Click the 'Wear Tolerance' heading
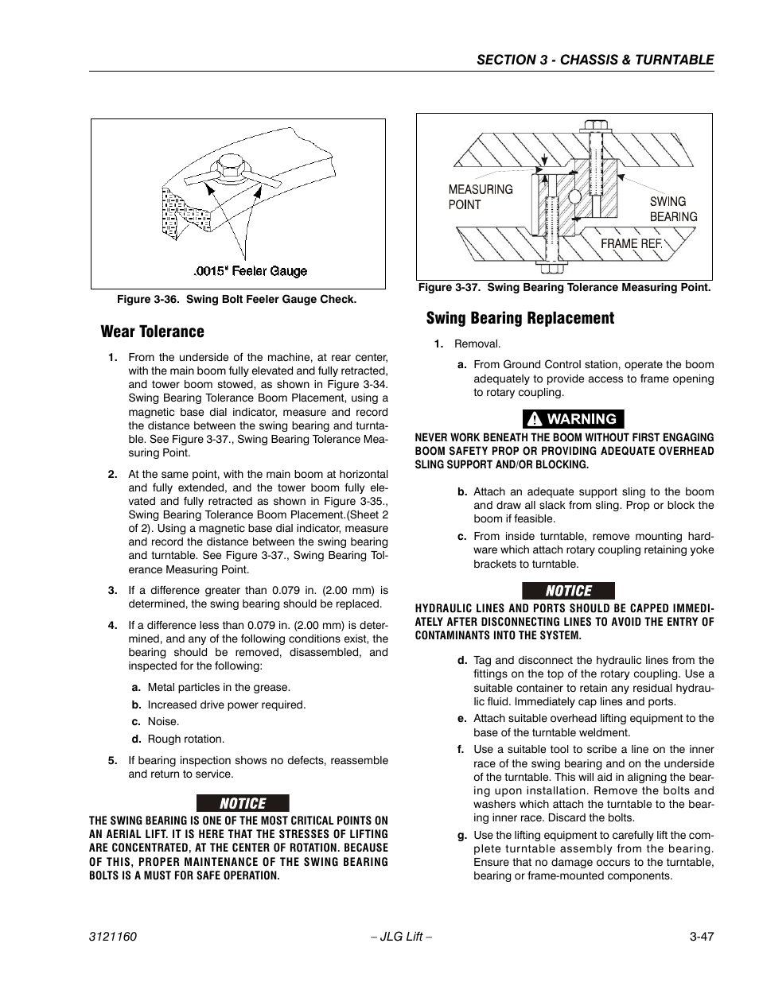(x=152, y=332)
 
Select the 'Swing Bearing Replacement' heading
(x=520, y=319)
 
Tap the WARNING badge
(x=573, y=419)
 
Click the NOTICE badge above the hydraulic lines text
(x=568, y=591)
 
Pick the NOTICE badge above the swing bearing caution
(x=243, y=803)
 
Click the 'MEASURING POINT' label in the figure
(x=480, y=196)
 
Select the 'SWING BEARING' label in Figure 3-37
(x=673, y=209)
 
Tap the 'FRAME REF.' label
(x=631, y=243)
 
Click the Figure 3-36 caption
(x=236, y=300)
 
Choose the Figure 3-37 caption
(x=564, y=288)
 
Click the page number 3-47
(x=702, y=937)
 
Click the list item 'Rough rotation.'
(x=186, y=739)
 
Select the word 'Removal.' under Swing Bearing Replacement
(x=477, y=344)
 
